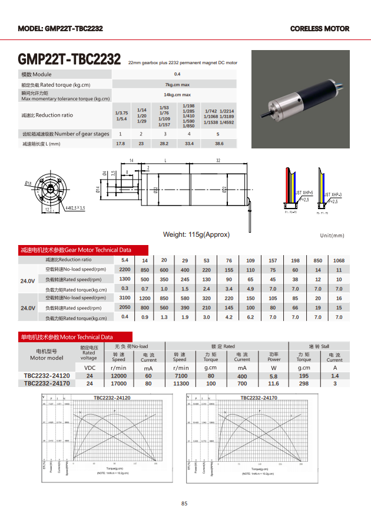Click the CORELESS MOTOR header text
point(319,28)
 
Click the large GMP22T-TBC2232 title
point(69,60)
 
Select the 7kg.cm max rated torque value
point(177,85)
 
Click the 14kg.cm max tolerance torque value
point(177,95)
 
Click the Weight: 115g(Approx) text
point(196,234)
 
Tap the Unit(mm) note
point(332,236)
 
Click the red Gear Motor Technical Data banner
point(75,250)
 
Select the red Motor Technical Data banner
point(66,337)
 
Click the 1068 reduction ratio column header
point(339,260)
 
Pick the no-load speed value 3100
point(125,298)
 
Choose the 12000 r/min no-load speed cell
point(118,375)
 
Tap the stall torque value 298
point(304,383)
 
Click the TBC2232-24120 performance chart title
point(112,398)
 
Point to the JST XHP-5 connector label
point(304,193)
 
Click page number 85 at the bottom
point(185,503)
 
